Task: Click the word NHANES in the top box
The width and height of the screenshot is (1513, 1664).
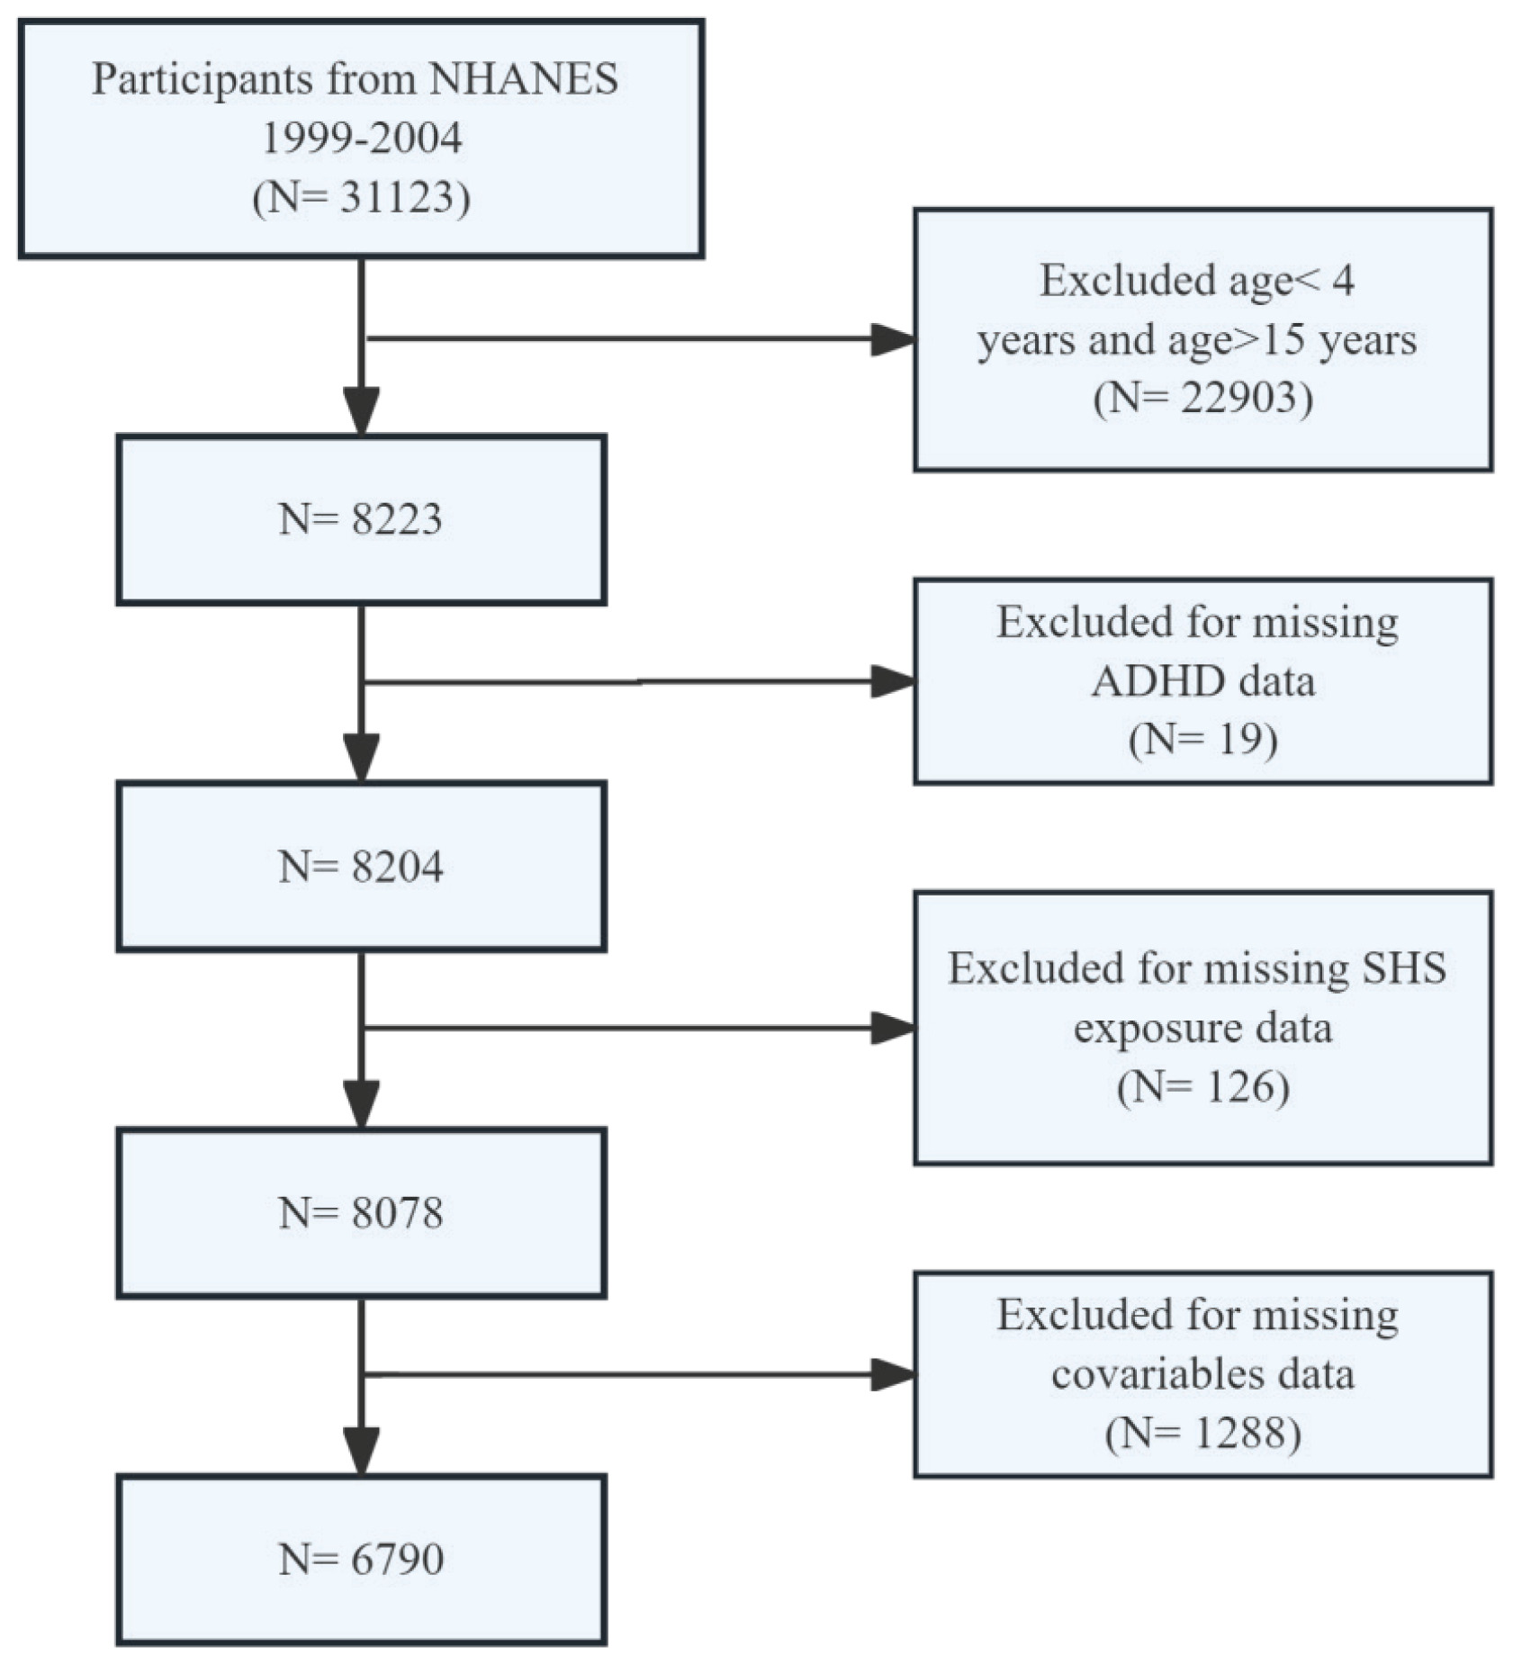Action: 524,79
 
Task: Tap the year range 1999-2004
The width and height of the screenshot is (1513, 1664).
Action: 362,139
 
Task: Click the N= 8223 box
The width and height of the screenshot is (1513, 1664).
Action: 361,519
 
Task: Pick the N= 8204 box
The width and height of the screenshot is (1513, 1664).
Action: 361,866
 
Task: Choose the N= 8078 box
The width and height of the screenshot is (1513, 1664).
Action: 361,1212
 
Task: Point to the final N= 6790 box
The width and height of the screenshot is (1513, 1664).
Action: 361,1560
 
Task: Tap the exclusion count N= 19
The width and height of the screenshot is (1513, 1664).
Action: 1202,740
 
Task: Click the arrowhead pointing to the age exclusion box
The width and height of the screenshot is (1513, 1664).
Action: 893,339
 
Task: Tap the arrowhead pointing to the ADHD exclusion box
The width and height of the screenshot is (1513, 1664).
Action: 893,681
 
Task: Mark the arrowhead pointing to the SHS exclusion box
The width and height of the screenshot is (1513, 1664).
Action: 893,1028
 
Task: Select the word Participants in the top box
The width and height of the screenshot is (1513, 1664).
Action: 203,79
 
